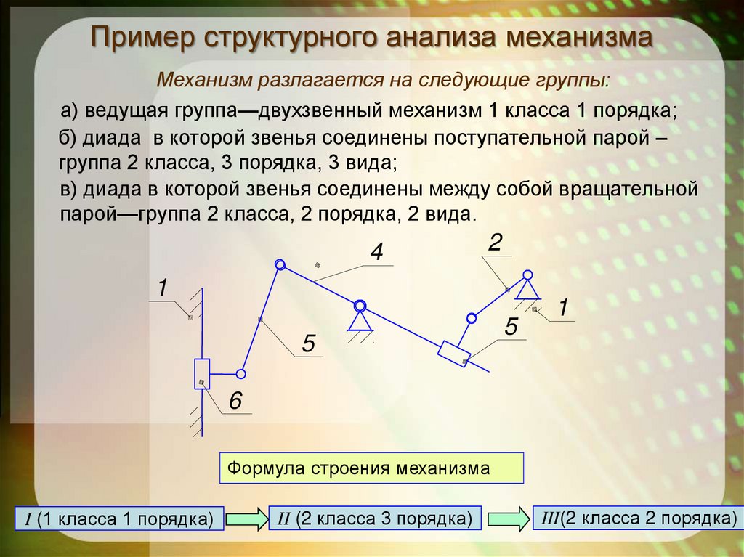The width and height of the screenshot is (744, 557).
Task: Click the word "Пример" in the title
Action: click(142, 37)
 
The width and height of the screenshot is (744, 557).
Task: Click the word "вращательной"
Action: click(628, 189)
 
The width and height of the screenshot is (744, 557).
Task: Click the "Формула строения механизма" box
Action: click(371, 468)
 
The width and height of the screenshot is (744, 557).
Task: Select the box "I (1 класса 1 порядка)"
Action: click(119, 519)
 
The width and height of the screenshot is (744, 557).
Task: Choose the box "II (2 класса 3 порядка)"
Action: click(375, 519)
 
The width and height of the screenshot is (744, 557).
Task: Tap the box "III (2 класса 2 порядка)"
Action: click(637, 518)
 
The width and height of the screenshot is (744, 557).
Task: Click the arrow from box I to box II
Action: click(246, 519)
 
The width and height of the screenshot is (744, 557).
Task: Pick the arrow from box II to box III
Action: click(509, 519)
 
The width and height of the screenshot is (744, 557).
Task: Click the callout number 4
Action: click(376, 252)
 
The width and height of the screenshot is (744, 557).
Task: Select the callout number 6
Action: click(235, 401)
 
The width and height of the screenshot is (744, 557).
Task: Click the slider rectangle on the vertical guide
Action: click(202, 374)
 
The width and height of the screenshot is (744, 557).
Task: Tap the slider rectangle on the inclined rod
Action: click(454, 354)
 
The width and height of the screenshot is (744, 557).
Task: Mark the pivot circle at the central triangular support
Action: click(360, 306)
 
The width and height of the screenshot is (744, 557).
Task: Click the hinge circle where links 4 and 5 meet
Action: click(280, 265)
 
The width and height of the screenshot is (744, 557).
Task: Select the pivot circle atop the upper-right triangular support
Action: click(527, 275)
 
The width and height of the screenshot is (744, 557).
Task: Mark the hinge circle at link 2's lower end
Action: click(471, 318)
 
